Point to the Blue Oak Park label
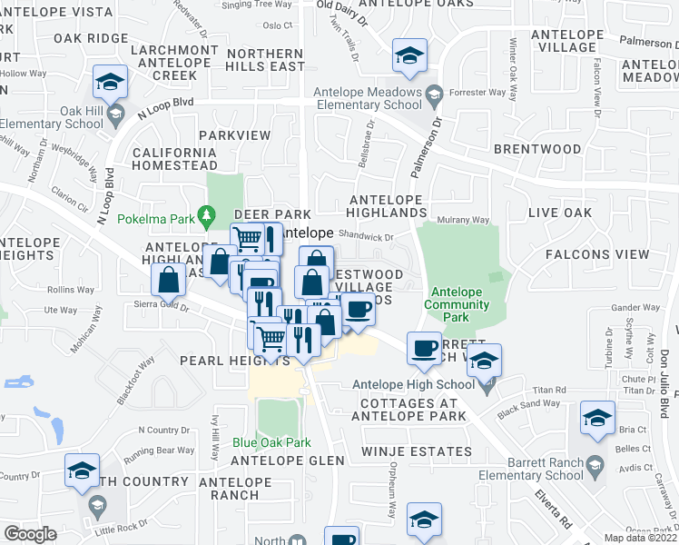coord(271,442)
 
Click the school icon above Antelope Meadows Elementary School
coord(409,55)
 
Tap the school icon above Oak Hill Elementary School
coord(110,83)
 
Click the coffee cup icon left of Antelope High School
coord(423,349)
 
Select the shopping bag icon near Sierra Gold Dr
coord(169,280)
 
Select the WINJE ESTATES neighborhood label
coord(417,451)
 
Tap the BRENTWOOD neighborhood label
coord(537,148)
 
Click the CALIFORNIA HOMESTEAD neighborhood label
coord(174,159)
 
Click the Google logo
coord(30,534)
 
